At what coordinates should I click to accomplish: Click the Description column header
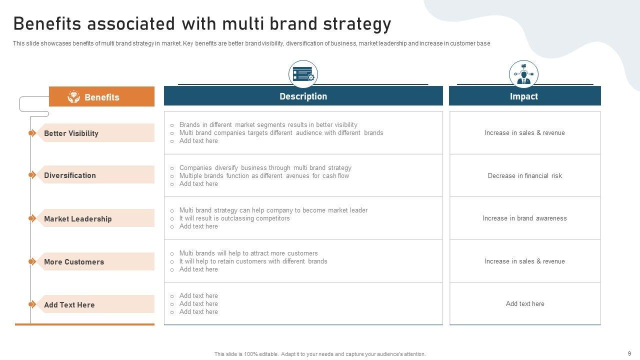(x=303, y=96)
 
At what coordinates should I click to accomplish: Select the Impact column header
(x=524, y=96)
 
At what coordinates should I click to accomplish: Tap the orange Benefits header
(x=101, y=96)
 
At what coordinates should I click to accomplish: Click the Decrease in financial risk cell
(x=525, y=175)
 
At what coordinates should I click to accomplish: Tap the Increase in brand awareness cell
(x=525, y=218)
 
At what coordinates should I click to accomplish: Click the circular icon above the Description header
(x=303, y=74)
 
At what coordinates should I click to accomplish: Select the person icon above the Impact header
(x=523, y=74)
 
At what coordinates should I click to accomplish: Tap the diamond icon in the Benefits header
(x=73, y=97)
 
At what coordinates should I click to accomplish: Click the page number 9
(x=629, y=353)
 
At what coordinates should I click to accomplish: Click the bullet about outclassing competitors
(x=234, y=218)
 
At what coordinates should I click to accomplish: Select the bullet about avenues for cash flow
(x=264, y=175)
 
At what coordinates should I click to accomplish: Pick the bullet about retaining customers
(x=253, y=261)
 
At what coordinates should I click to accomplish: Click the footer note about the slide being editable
(x=320, y=354)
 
